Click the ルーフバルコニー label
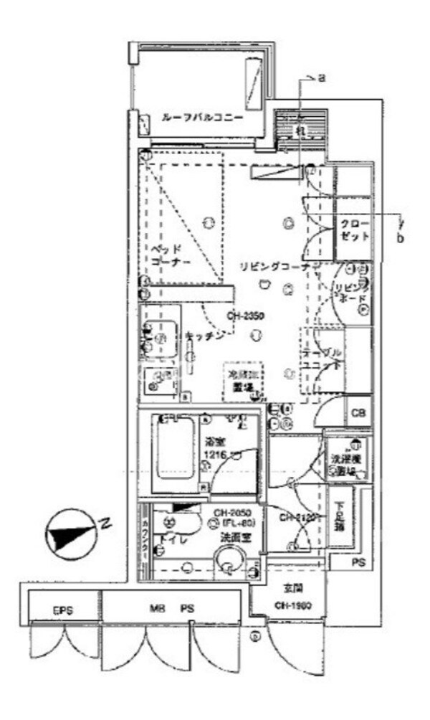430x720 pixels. [x=201, y=118]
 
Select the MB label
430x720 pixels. [x=158, y=610]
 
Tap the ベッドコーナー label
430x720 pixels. [x=171, y=256]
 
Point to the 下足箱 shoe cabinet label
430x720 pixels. [x=339, y=518]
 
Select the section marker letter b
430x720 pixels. [x=401, y=237]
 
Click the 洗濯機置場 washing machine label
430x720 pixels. [x=346, y=463]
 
